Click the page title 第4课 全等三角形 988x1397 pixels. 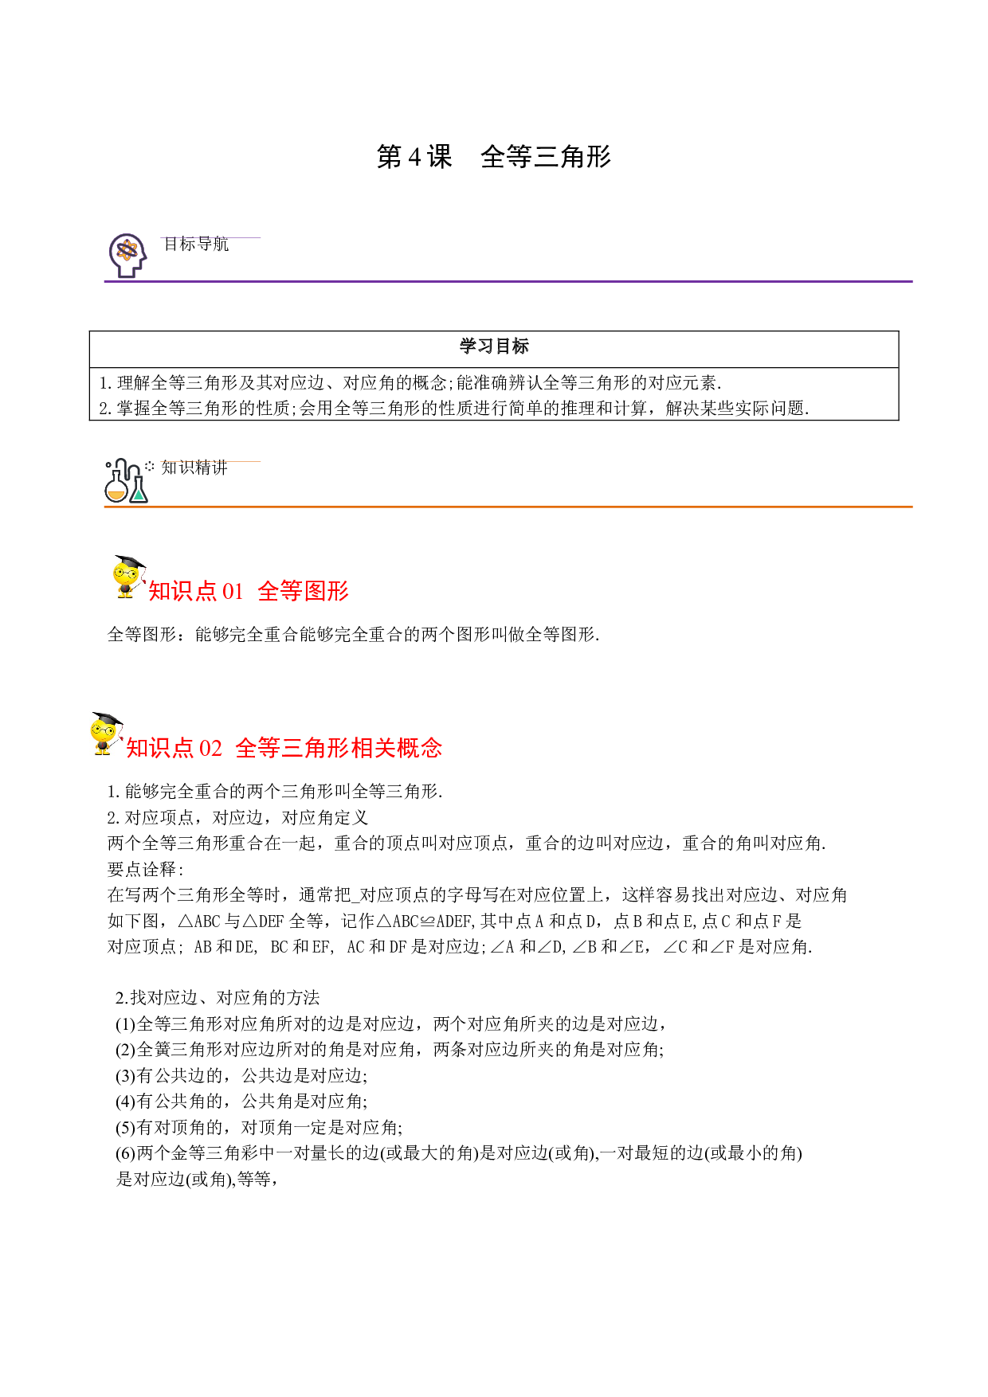click(493, 156)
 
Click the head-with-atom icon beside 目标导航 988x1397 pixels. click(127, 256)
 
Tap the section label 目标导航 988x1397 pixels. click(196, 244)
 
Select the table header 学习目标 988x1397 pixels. click(494, 346)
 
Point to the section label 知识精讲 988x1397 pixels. click(194, 468)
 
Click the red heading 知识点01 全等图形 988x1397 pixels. click(249, 590)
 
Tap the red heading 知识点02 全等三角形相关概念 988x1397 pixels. click(284, 747)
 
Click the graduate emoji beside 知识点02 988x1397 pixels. click(106, 733)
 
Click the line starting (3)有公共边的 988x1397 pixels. click(241, 1075)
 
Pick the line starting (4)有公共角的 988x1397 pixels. click(241, 1102)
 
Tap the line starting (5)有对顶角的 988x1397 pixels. click(259, 1127)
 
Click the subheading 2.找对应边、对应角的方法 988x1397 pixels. click(218, 997)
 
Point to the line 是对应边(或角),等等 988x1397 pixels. click(197, 1179)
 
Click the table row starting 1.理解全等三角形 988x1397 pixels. click(410, 382)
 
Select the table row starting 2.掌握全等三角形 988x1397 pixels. click(454, 408)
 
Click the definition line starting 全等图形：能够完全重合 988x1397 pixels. click(353, 634)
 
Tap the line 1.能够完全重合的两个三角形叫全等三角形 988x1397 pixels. click(275, 791)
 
